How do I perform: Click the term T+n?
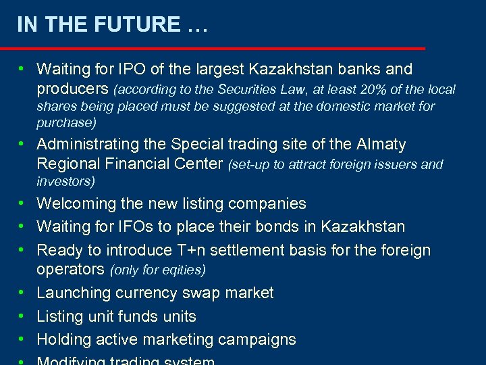coord(195,250)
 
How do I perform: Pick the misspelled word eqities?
coord(181,270)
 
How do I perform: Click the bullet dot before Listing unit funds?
coord(22,316)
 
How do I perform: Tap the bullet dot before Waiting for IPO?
coord(22,69)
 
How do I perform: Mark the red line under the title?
coord(213,48)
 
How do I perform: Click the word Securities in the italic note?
coord(218,89)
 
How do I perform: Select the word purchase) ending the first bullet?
coord(66,123)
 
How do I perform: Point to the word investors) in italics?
coord(65,181)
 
